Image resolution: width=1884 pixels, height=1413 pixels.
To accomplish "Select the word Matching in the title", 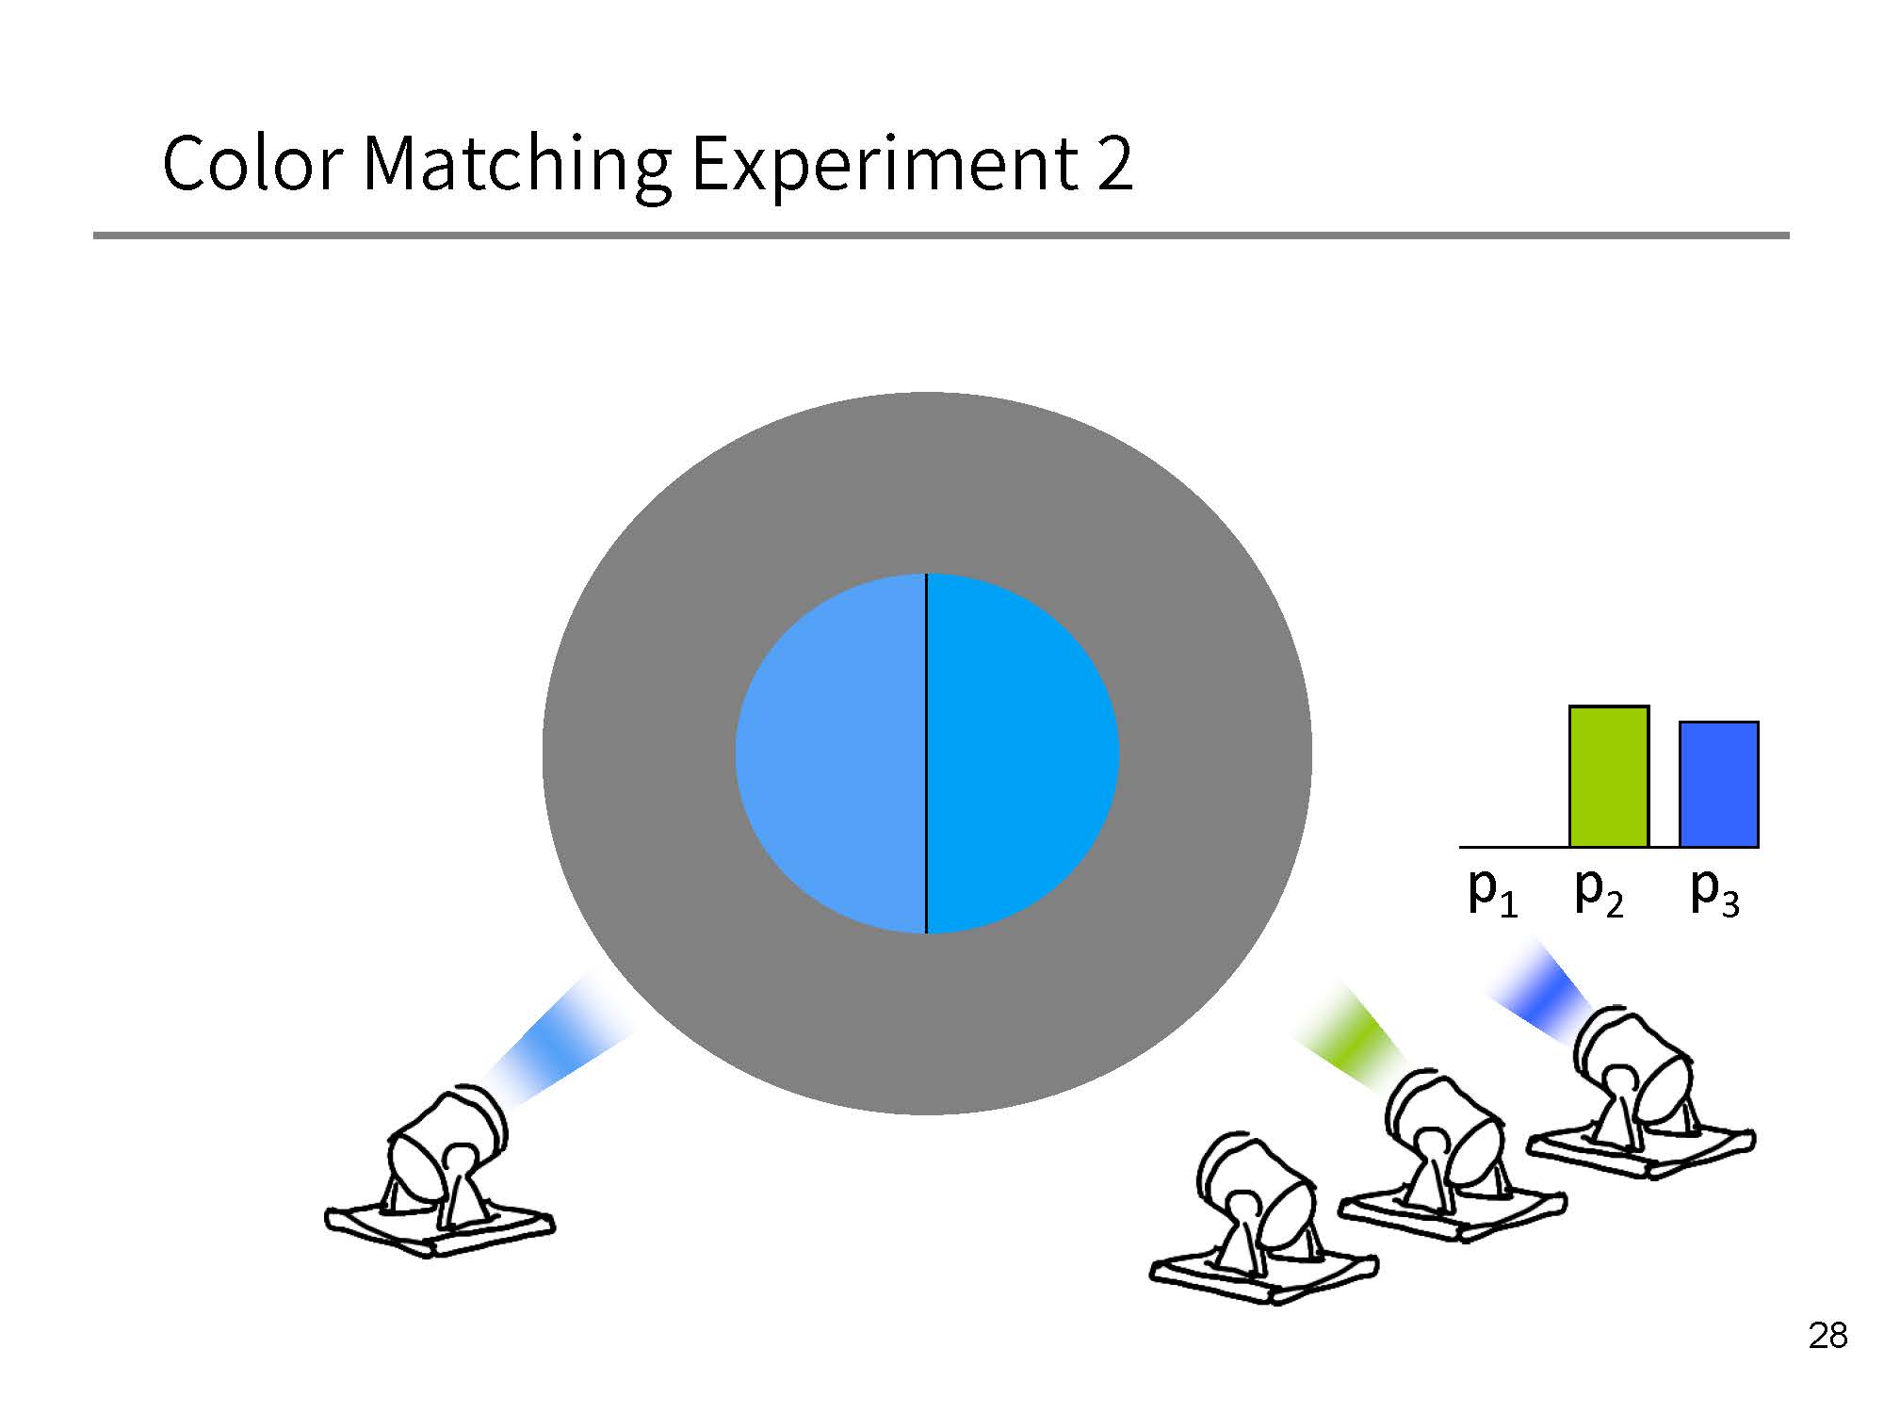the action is [517, 168].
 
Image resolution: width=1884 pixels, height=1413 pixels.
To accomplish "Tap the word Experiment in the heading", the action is [885, 168].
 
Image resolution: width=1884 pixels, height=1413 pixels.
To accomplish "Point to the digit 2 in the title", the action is [1114, 163].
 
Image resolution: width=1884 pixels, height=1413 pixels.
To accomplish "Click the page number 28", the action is [1827, 1336].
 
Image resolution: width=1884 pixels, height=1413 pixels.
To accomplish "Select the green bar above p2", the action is [1609, 776].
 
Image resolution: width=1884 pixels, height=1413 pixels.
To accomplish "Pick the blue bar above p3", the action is [1719, 784].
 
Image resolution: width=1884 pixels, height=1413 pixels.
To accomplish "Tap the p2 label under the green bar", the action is [1600, 891].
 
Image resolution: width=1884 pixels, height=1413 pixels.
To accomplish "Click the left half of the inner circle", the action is [831, 754].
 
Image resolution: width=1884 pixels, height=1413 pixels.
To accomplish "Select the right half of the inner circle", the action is [1023, 754].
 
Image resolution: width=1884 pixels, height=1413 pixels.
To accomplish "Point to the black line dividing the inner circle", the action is [927, 754].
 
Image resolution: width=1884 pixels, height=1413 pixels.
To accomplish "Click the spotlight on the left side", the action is [439, 1172].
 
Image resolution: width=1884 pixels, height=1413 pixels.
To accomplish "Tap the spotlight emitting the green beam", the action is [1452, 1155].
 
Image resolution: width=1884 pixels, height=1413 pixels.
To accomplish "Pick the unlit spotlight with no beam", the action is [1263, 1217].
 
